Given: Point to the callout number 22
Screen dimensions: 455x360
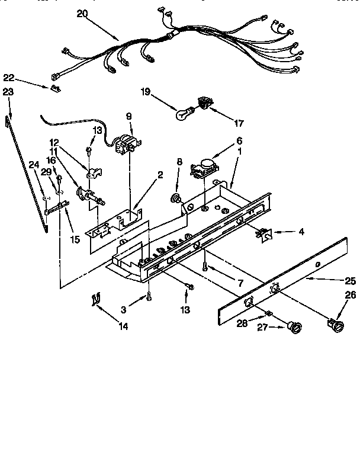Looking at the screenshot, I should pyautogui.click(x=8, y=78).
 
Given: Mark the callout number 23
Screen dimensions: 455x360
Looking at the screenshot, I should pyautogui.click(x=8, y=91).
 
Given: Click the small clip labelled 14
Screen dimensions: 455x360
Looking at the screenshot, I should pyautogui.click(x=94, y=300).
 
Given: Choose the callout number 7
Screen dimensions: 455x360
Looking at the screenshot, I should pyautogui.click(x=240, y=284).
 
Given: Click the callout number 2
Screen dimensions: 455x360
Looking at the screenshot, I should pyautogui.click(x=160, y=174).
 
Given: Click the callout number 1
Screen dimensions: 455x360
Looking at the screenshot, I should pyautogui.click(x=240, y=150).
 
